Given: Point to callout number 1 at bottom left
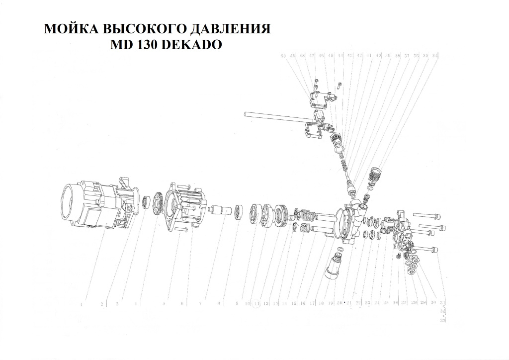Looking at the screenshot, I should coord(81,304).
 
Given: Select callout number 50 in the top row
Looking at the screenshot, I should coord(284,56).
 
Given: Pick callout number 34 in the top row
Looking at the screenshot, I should coord(435,56).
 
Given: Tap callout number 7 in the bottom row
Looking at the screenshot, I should coord(200,303).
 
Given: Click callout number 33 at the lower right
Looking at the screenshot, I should coord(443,321).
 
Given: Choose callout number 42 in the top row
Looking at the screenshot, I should coord(359,56).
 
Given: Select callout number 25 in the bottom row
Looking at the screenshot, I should coord(386,303).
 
